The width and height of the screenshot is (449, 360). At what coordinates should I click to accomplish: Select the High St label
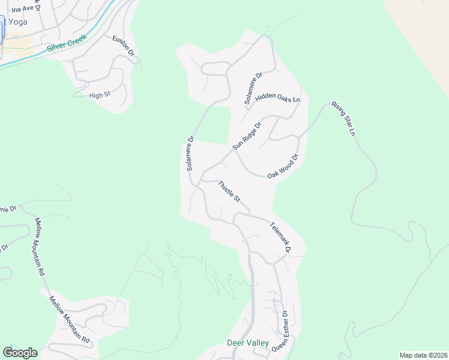(x=100, y=95)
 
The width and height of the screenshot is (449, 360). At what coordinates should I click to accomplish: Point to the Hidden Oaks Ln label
(x=277, y=98)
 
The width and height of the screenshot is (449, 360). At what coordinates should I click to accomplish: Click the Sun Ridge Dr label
(x=247, y=137)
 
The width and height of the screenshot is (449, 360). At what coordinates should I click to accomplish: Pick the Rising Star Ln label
(x=344, y=119)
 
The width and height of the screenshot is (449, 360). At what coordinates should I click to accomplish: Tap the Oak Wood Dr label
(x=283, y=166)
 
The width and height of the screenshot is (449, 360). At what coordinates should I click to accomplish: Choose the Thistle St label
(x=229, y=191)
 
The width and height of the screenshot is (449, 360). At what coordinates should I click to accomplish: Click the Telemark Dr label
(x=280, y=238)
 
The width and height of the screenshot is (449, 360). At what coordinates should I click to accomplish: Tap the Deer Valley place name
(x=247, y=343)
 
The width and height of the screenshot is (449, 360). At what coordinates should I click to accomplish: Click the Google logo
(x=20, y=352)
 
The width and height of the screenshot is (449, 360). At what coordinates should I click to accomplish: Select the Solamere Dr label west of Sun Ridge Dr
(x=190, y=154)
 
